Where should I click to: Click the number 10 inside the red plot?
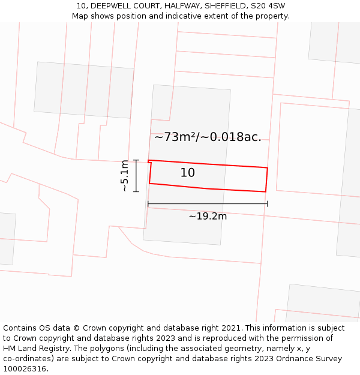tap(187, 173)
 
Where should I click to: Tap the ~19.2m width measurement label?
tap(208, 216)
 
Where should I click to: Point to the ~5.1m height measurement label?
tap(125, 176)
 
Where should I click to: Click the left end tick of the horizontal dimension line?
tap(148, 204)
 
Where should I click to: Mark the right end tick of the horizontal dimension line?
tap(267, 204)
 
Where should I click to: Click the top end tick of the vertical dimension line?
tap(136, 160)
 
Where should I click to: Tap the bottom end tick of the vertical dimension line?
tap(136, 191)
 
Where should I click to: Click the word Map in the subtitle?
tap(80, 16)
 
